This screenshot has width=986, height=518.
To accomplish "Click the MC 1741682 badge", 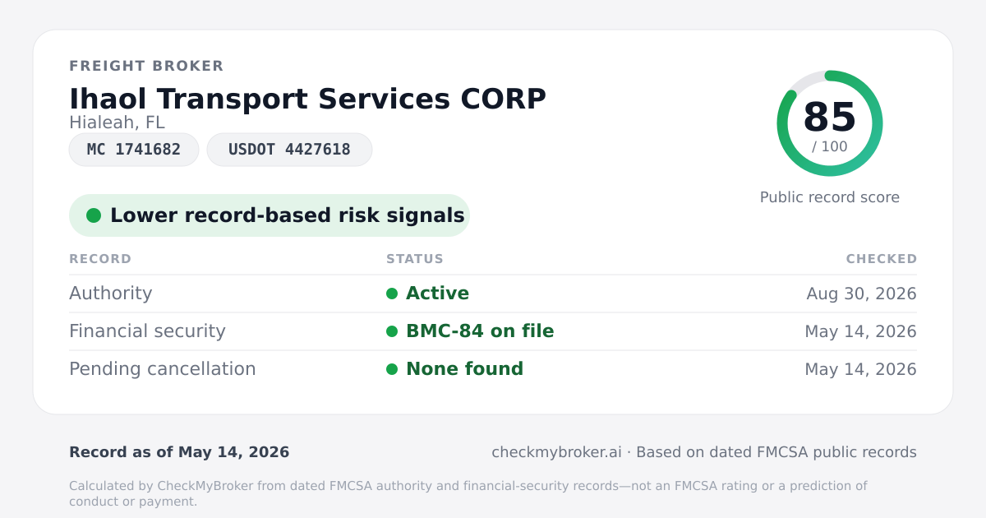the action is pos(134,150).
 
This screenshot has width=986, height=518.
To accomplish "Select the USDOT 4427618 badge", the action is pos(289,150).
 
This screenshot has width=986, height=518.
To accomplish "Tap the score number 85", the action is pos(830,117).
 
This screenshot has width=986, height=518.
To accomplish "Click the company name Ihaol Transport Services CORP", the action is pos(307,99).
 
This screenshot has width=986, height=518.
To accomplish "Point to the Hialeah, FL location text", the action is pos(117,123).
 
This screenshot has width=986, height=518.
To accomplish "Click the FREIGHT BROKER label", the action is pos(146,66).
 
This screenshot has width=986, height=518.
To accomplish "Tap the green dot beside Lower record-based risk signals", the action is pos(94,215).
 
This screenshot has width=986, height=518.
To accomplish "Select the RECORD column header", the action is pos(100,258).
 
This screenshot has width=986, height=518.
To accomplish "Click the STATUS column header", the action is pos(415,258).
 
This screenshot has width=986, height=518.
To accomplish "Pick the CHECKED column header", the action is pos(882,258).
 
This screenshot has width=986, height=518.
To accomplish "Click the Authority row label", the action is pos(111,294).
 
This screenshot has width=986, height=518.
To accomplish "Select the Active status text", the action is pos(437,294).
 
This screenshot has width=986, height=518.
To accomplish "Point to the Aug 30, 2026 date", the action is pos(861,294).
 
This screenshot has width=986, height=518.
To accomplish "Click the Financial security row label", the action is pos(147,331).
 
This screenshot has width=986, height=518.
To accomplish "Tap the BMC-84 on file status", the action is pos(480,331).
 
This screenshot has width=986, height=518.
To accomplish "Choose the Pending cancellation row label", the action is pos(163,369).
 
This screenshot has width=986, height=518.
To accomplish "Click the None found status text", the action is pos(465,369).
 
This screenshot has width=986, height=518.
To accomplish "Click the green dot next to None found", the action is pos(392,369).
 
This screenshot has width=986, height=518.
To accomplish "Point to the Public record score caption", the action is pos(830,197).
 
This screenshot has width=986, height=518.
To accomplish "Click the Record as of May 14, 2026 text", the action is pos(179,452).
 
